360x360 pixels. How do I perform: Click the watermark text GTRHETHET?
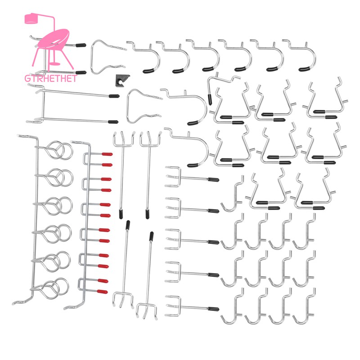(50, 78)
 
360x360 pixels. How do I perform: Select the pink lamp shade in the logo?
(31, 19)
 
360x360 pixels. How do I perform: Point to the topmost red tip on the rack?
(107, 154)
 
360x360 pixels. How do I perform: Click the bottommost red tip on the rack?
(102, 292)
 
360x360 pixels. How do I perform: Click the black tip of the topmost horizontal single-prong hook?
(213, 180)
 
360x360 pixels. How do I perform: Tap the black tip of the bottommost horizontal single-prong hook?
(213, 309)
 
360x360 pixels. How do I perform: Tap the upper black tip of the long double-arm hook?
(114, 96)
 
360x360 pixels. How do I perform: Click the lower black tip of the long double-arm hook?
(113, 122)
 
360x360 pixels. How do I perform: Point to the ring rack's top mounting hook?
(27, 137)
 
